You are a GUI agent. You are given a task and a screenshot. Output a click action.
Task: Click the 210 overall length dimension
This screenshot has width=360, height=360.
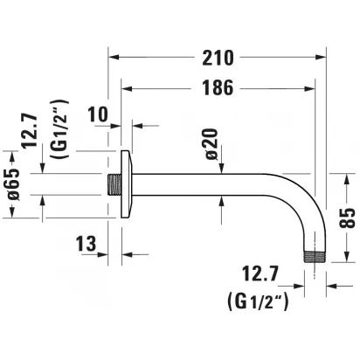pyautogui.click(x=218, y=58)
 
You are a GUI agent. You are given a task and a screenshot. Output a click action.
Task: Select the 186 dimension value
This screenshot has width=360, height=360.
pyautogui.click(x=218, y=87)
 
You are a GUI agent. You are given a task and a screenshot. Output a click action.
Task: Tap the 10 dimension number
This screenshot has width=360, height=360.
pyautogui.click(x=98, y=114)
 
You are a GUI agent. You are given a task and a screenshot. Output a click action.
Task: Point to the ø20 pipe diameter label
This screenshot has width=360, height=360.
pyautogui.click(x=211, y=144)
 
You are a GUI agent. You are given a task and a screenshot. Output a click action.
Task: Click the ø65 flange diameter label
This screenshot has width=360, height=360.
pyautogui.click(x=13, y=184)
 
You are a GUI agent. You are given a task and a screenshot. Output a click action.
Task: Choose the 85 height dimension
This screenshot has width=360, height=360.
pyautogui.click(x=348, y=218)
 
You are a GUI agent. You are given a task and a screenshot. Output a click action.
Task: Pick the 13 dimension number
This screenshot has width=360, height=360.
pyautogui.click(x=86, y=244)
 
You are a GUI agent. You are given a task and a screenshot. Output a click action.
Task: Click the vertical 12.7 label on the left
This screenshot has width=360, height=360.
pyautogui.click(x=31, y=131)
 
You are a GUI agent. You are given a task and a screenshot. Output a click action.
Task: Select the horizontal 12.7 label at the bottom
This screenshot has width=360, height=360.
pyautogui.click(x=260, y=273)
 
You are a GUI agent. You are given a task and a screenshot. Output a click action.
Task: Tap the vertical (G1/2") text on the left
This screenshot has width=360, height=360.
pyautogui.click(x=59, y=129)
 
